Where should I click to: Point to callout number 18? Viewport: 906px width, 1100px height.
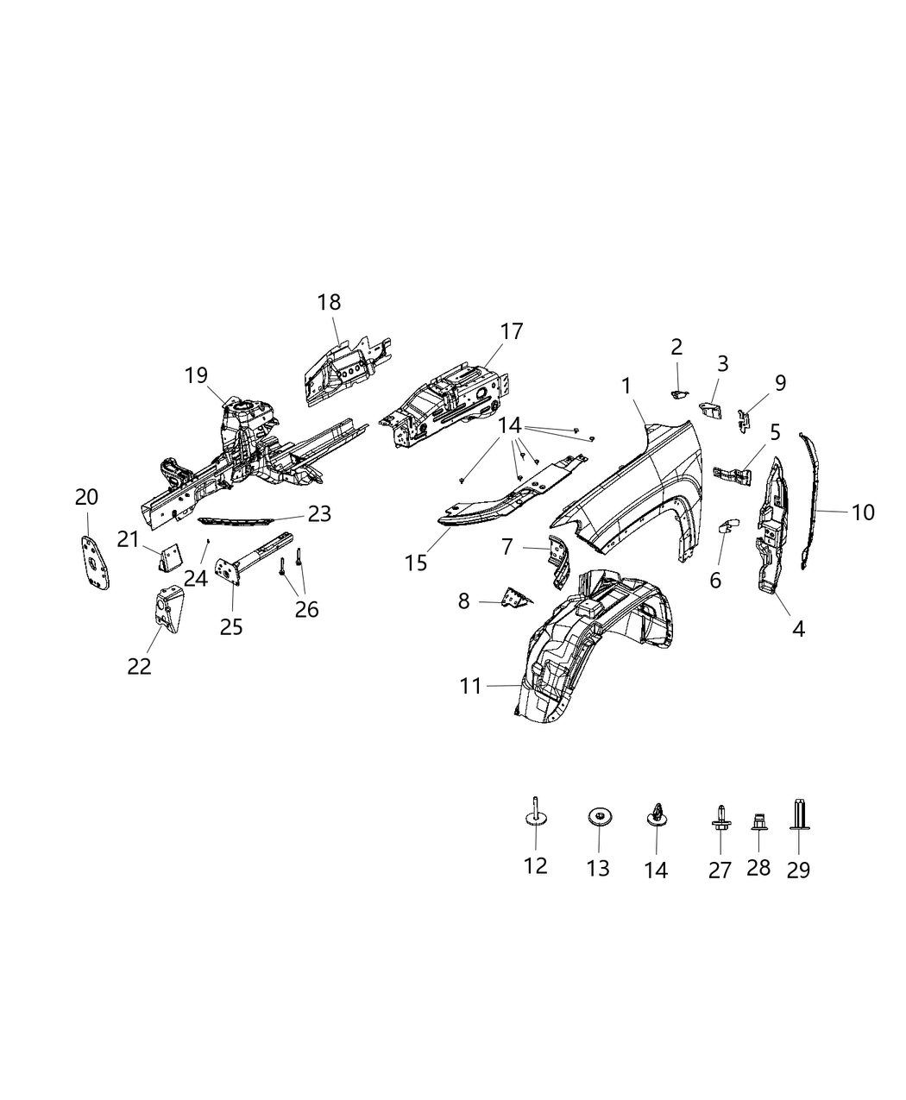(x=329, y=303)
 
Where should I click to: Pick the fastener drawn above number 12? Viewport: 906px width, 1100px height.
(x=535, y=814)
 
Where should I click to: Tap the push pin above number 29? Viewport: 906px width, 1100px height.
(x=798, y=815)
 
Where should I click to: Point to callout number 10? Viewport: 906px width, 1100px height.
(x=862, y=512)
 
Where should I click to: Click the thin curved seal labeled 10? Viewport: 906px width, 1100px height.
(x=809, y=500)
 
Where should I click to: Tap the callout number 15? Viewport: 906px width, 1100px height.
(x=415, y=563)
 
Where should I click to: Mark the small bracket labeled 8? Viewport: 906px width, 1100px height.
(x=515, y=596)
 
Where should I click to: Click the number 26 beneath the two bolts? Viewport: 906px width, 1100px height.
(x=306, y=609)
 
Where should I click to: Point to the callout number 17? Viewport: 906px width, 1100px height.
(x=511, y=331)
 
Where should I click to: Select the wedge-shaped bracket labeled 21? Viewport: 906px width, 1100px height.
(x=169, y=558)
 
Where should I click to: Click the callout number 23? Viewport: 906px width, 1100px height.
(x=319, y=514)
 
